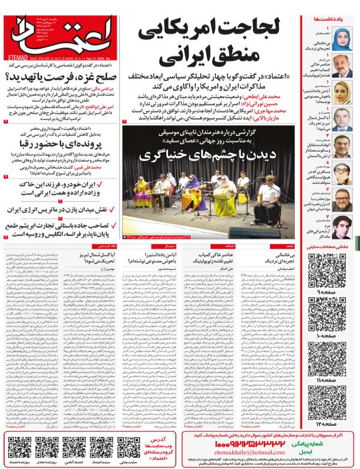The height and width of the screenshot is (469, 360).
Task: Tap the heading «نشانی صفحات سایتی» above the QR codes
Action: pyautogui.click(x=334, y=246)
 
